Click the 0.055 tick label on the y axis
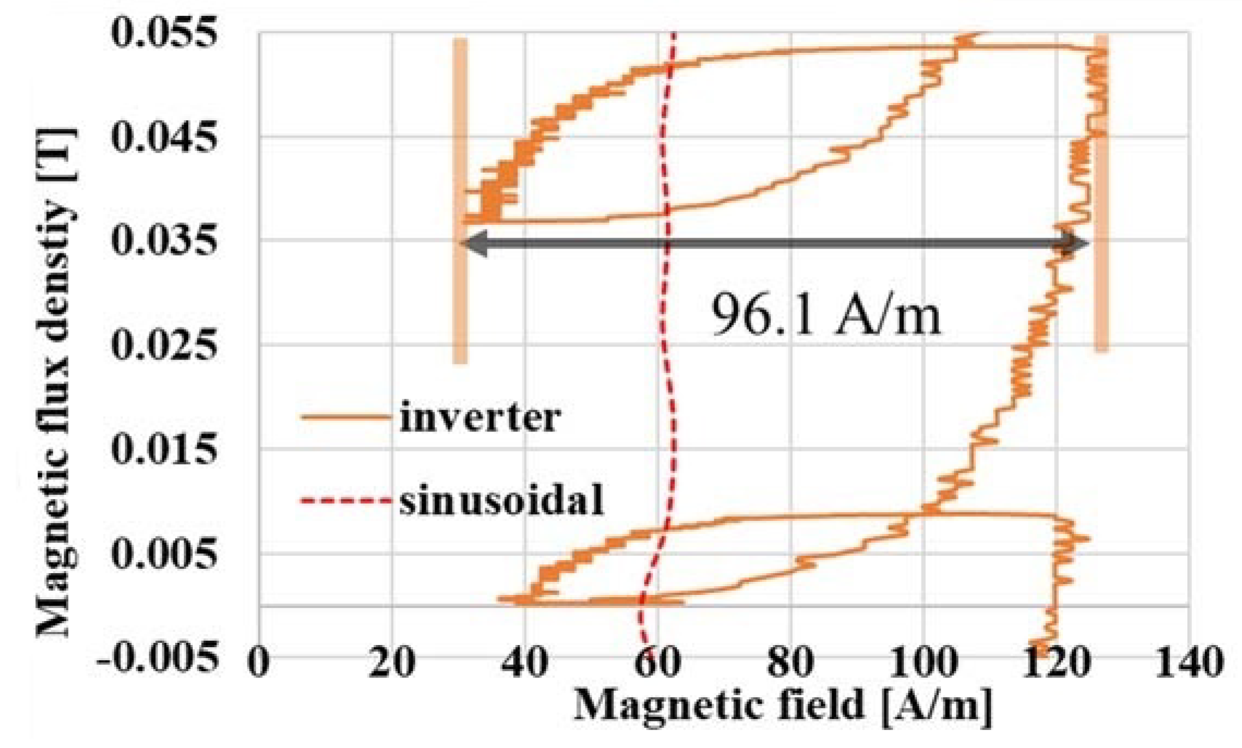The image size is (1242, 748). (164, 32)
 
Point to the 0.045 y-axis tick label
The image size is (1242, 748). (164, 136)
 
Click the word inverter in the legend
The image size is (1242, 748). (480, 418)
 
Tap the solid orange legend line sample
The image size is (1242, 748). (346, 418)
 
